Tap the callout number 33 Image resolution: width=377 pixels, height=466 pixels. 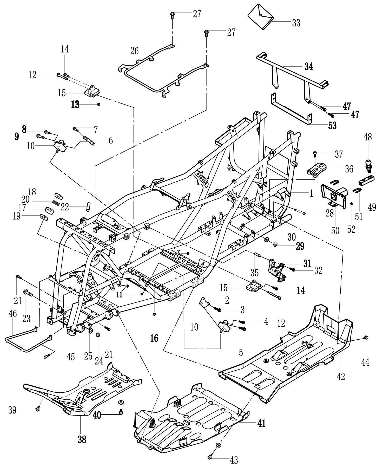coord(296,23)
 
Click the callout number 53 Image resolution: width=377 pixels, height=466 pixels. coord(332,126)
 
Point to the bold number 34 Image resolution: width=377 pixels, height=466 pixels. coord(309,67)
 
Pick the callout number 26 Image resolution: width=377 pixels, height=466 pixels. coord(135,51)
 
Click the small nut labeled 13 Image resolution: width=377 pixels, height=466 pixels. coord(99,104)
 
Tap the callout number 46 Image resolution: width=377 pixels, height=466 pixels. coord(12,314)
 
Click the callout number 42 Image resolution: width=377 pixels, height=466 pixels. coord(341,376)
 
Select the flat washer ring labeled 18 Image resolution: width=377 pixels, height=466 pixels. coord(58,195)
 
